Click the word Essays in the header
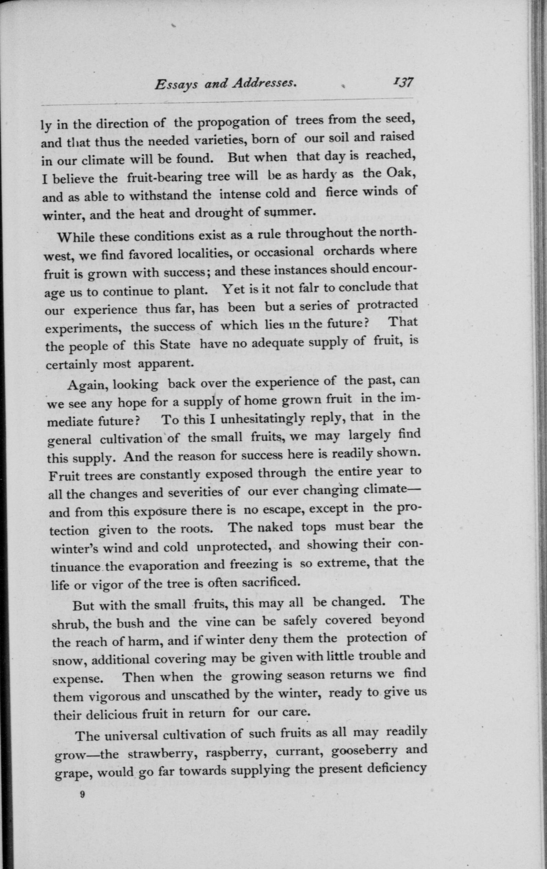(176, 85)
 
